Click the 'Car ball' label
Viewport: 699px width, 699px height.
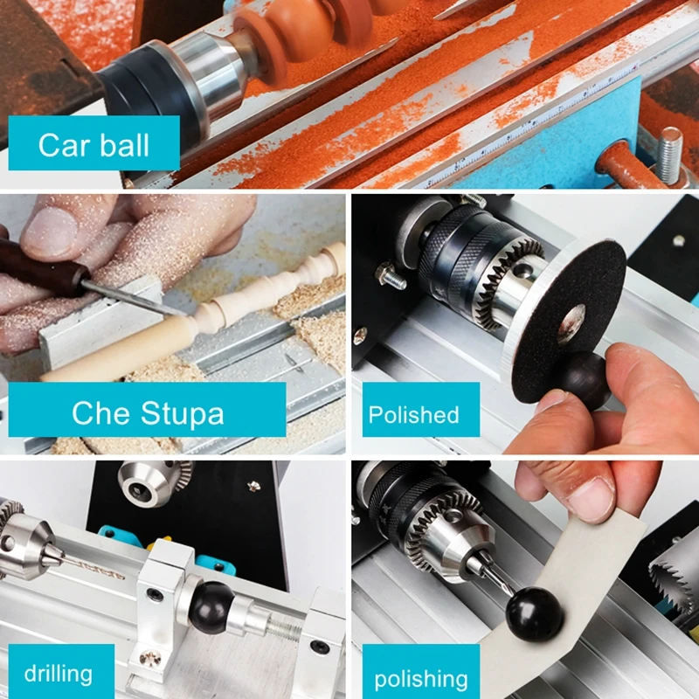tap(93, 144)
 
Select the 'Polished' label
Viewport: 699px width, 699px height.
tap(413, 413)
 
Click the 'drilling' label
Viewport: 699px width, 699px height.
tap(58, 673)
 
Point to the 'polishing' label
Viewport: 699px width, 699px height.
tap(420, 678)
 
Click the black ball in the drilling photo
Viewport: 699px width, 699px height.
tap(212, 602)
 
